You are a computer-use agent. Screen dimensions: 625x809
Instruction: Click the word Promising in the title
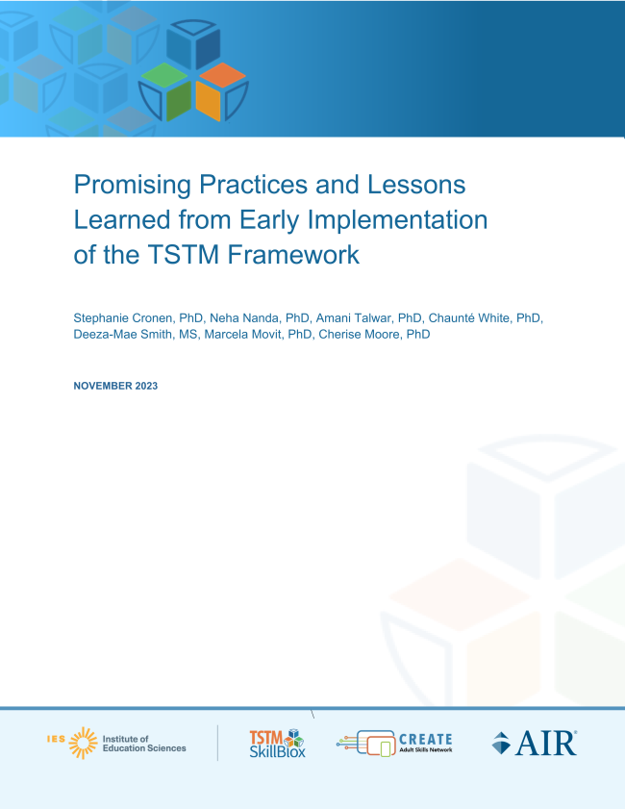(x=133, y=185)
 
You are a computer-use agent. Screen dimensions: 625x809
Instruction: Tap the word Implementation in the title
(x=397, y=220)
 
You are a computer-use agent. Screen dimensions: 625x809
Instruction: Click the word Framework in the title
(x=293, y=254)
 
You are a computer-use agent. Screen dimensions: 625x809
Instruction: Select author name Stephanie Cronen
(x=122, y=318)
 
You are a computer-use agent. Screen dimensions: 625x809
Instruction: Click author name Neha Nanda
(x=244, y=318)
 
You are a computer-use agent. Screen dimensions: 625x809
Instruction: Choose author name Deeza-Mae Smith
(x=122, y=335)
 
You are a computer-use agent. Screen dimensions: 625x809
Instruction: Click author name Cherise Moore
(x=359, y=335)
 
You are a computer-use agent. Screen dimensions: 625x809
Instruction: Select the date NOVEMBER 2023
(x=115, y=386)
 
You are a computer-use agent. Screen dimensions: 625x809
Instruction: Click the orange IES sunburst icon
(x=83, y=743)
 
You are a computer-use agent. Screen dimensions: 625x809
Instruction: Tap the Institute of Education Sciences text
(x=144, y=744)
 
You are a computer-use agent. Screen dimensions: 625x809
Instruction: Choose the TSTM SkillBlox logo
(x=278, y=743)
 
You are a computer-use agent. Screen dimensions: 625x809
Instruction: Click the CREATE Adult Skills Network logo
(x=394, y=744)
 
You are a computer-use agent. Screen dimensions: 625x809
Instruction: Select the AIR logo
(x=535, y=743)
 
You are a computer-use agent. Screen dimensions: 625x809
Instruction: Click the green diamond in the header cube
(x=164, y=75)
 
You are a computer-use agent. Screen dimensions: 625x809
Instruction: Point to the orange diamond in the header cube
(x=222, y=75)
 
